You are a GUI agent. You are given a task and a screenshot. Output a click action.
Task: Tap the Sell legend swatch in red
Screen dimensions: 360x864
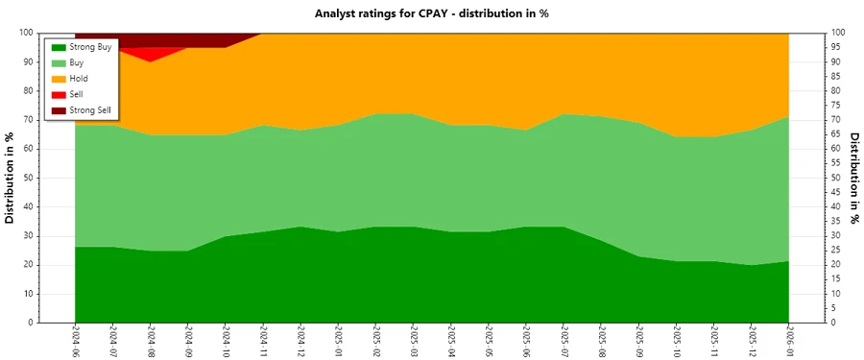[60, 95]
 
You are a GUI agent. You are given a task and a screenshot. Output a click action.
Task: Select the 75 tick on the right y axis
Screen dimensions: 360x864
[837, 106]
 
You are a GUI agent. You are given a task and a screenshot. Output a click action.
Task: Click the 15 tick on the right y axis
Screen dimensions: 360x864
[837, 279]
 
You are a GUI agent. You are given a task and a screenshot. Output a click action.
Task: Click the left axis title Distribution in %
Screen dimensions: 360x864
[11, 178]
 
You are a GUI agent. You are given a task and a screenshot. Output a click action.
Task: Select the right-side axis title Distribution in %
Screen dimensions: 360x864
[854, 178]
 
